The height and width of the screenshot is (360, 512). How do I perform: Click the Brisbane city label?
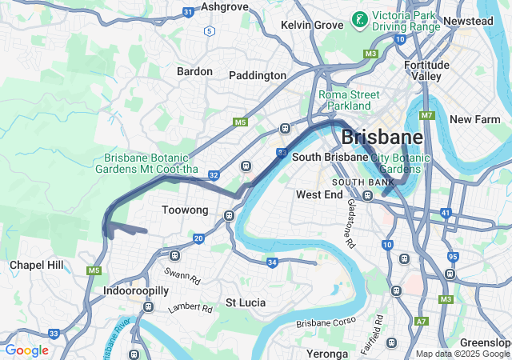382,137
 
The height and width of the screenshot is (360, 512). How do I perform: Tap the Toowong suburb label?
185,210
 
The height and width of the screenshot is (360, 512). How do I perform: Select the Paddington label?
258,75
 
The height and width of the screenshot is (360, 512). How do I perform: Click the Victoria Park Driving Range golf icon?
361,18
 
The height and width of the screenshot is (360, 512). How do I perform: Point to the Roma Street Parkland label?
349,100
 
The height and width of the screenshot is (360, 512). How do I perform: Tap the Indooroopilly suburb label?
135,292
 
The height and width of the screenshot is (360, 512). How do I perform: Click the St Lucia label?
246,302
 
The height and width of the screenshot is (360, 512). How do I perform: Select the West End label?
319,194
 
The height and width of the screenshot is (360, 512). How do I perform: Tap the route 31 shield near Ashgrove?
188,12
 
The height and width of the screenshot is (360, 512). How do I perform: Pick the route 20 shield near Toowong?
198,238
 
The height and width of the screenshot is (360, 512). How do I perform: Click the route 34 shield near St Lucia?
272,262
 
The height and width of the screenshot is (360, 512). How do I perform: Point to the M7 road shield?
427,116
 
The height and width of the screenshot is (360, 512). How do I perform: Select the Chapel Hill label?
36,265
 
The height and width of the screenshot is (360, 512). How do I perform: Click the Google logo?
26,350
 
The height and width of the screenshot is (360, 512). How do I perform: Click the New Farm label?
474,119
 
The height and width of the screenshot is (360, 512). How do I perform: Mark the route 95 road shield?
454,257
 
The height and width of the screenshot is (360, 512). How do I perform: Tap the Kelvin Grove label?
312,26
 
